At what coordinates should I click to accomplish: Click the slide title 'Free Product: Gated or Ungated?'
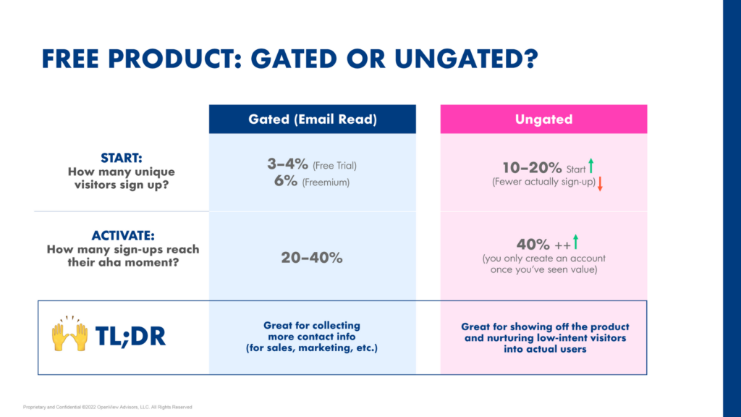point(289,59)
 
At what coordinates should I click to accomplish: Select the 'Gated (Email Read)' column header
point(313,119)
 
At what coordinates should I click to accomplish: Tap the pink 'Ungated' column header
point(543,119)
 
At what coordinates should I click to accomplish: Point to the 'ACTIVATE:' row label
point(123,236)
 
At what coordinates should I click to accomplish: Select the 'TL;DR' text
point(130,335)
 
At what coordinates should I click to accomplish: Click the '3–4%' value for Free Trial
point(288,164)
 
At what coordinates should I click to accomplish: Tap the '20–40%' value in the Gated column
point(312,257)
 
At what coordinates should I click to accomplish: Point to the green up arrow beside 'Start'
point(591,167)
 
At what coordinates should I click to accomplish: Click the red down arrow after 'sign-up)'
point(600,184)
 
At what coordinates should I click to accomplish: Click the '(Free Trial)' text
point(334,166)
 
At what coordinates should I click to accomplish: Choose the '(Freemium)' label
point(326,183)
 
